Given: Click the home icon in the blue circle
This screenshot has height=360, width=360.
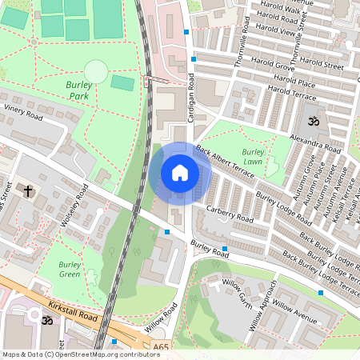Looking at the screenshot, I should tap(180, 172).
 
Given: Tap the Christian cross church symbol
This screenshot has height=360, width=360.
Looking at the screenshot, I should tap(29, 190).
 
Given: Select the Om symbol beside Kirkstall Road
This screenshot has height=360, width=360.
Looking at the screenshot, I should tap(46, 319).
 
